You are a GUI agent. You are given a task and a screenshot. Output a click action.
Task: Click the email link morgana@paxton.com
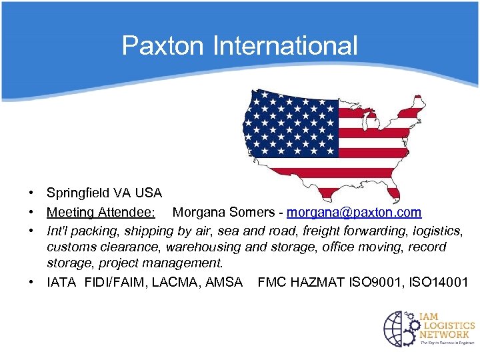pyautogui.click(x=354, y=213)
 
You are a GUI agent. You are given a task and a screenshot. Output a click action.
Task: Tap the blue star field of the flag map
pyautogui.click(x=290, y=123)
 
